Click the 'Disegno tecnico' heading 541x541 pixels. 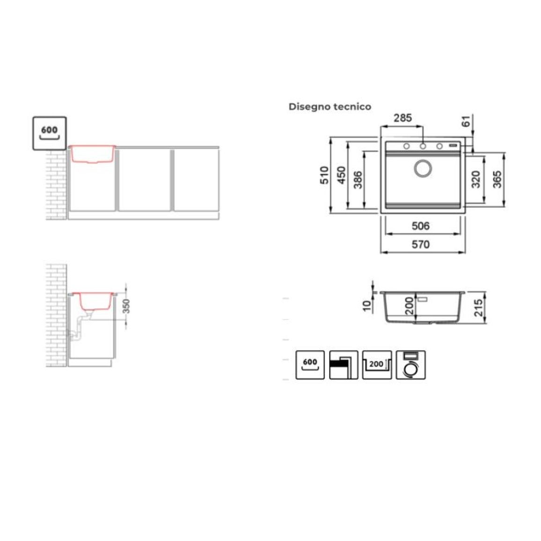[330, 107]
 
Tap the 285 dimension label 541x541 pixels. [402, 118]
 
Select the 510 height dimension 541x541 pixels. [324, 175]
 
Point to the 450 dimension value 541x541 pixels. [341, 175]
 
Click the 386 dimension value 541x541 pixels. [358, 180]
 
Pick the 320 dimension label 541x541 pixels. [476, 179]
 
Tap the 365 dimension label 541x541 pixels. [497, 179]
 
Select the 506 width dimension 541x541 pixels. [421, 226]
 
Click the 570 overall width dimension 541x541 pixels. [421, 245]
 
